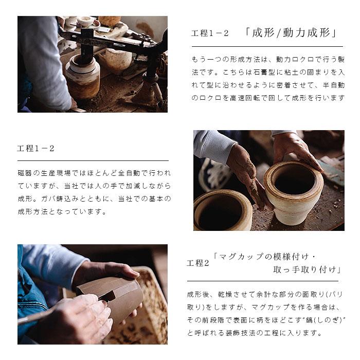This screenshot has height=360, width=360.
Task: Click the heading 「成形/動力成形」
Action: [291, 33]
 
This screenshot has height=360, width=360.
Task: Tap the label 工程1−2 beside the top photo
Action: [209, 34]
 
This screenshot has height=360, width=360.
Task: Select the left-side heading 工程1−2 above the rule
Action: [36, 149]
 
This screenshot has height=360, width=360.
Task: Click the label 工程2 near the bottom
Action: [198, 263]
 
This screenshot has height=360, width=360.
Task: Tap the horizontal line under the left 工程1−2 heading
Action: [93, 160]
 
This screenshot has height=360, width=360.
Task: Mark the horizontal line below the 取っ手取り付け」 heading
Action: [262, 281]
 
